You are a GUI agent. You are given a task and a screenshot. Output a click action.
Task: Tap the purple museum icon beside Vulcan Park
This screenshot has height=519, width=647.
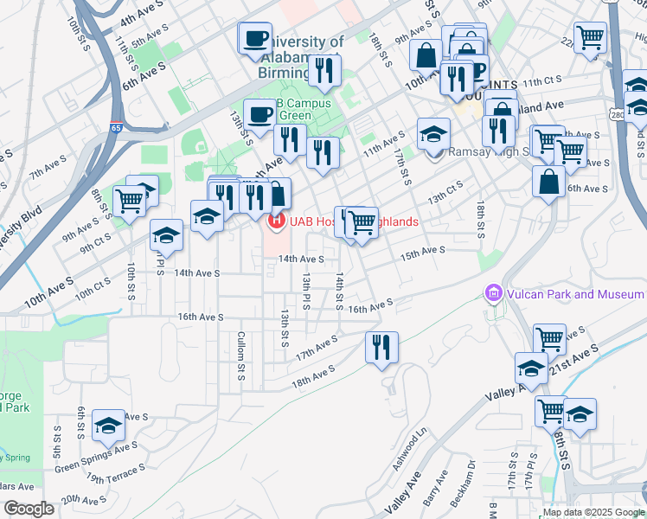pos(494,294)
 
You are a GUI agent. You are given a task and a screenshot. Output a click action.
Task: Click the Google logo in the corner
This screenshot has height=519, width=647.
pos(29,508)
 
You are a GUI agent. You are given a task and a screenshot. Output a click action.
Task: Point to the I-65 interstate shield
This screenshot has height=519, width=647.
pos(116,78)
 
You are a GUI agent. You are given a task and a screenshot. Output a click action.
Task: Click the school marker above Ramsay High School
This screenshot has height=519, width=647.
pos(433,133)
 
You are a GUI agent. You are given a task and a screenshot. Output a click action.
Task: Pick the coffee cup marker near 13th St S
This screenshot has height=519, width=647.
pos(259,114)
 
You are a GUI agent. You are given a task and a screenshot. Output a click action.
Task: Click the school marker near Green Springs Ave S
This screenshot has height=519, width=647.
pos(108,426)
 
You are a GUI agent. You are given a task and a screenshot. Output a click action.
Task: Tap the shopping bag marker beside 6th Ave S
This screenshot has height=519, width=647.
pos(548,182)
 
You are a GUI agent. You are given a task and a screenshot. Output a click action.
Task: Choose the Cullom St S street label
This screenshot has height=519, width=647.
pos(242,356)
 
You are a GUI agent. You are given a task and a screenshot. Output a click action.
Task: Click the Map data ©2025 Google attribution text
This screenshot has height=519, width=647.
pos(593,511)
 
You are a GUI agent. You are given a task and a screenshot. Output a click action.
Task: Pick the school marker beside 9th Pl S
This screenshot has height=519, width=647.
pos(166,234)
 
